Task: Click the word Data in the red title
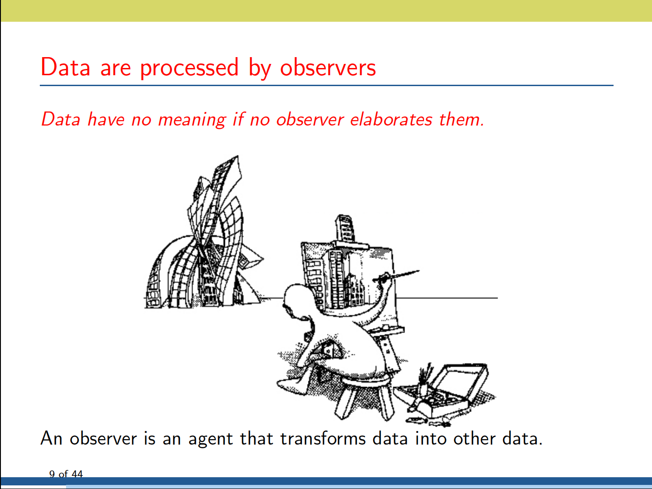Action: pyautogui.click(x=65, y=67)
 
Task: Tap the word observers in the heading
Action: pyautogui.click(x=328, y=67)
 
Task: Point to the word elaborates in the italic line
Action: pyautogui.click(x=391, y=119)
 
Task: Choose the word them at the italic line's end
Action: pyautogui.click(x=462, y=119)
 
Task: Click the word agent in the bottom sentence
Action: pyautogui.click(x=210, y=440)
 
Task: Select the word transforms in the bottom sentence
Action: pyautogui.click(x=323, y=438)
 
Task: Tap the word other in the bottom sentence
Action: pyautogui.click(x=474, y=438)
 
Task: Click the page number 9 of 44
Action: pyautogui.click(x=66, y=474)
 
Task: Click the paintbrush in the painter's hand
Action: pyautogui.click(x=396, y=276)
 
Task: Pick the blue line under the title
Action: pyautogui.click(x=326, y=85)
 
